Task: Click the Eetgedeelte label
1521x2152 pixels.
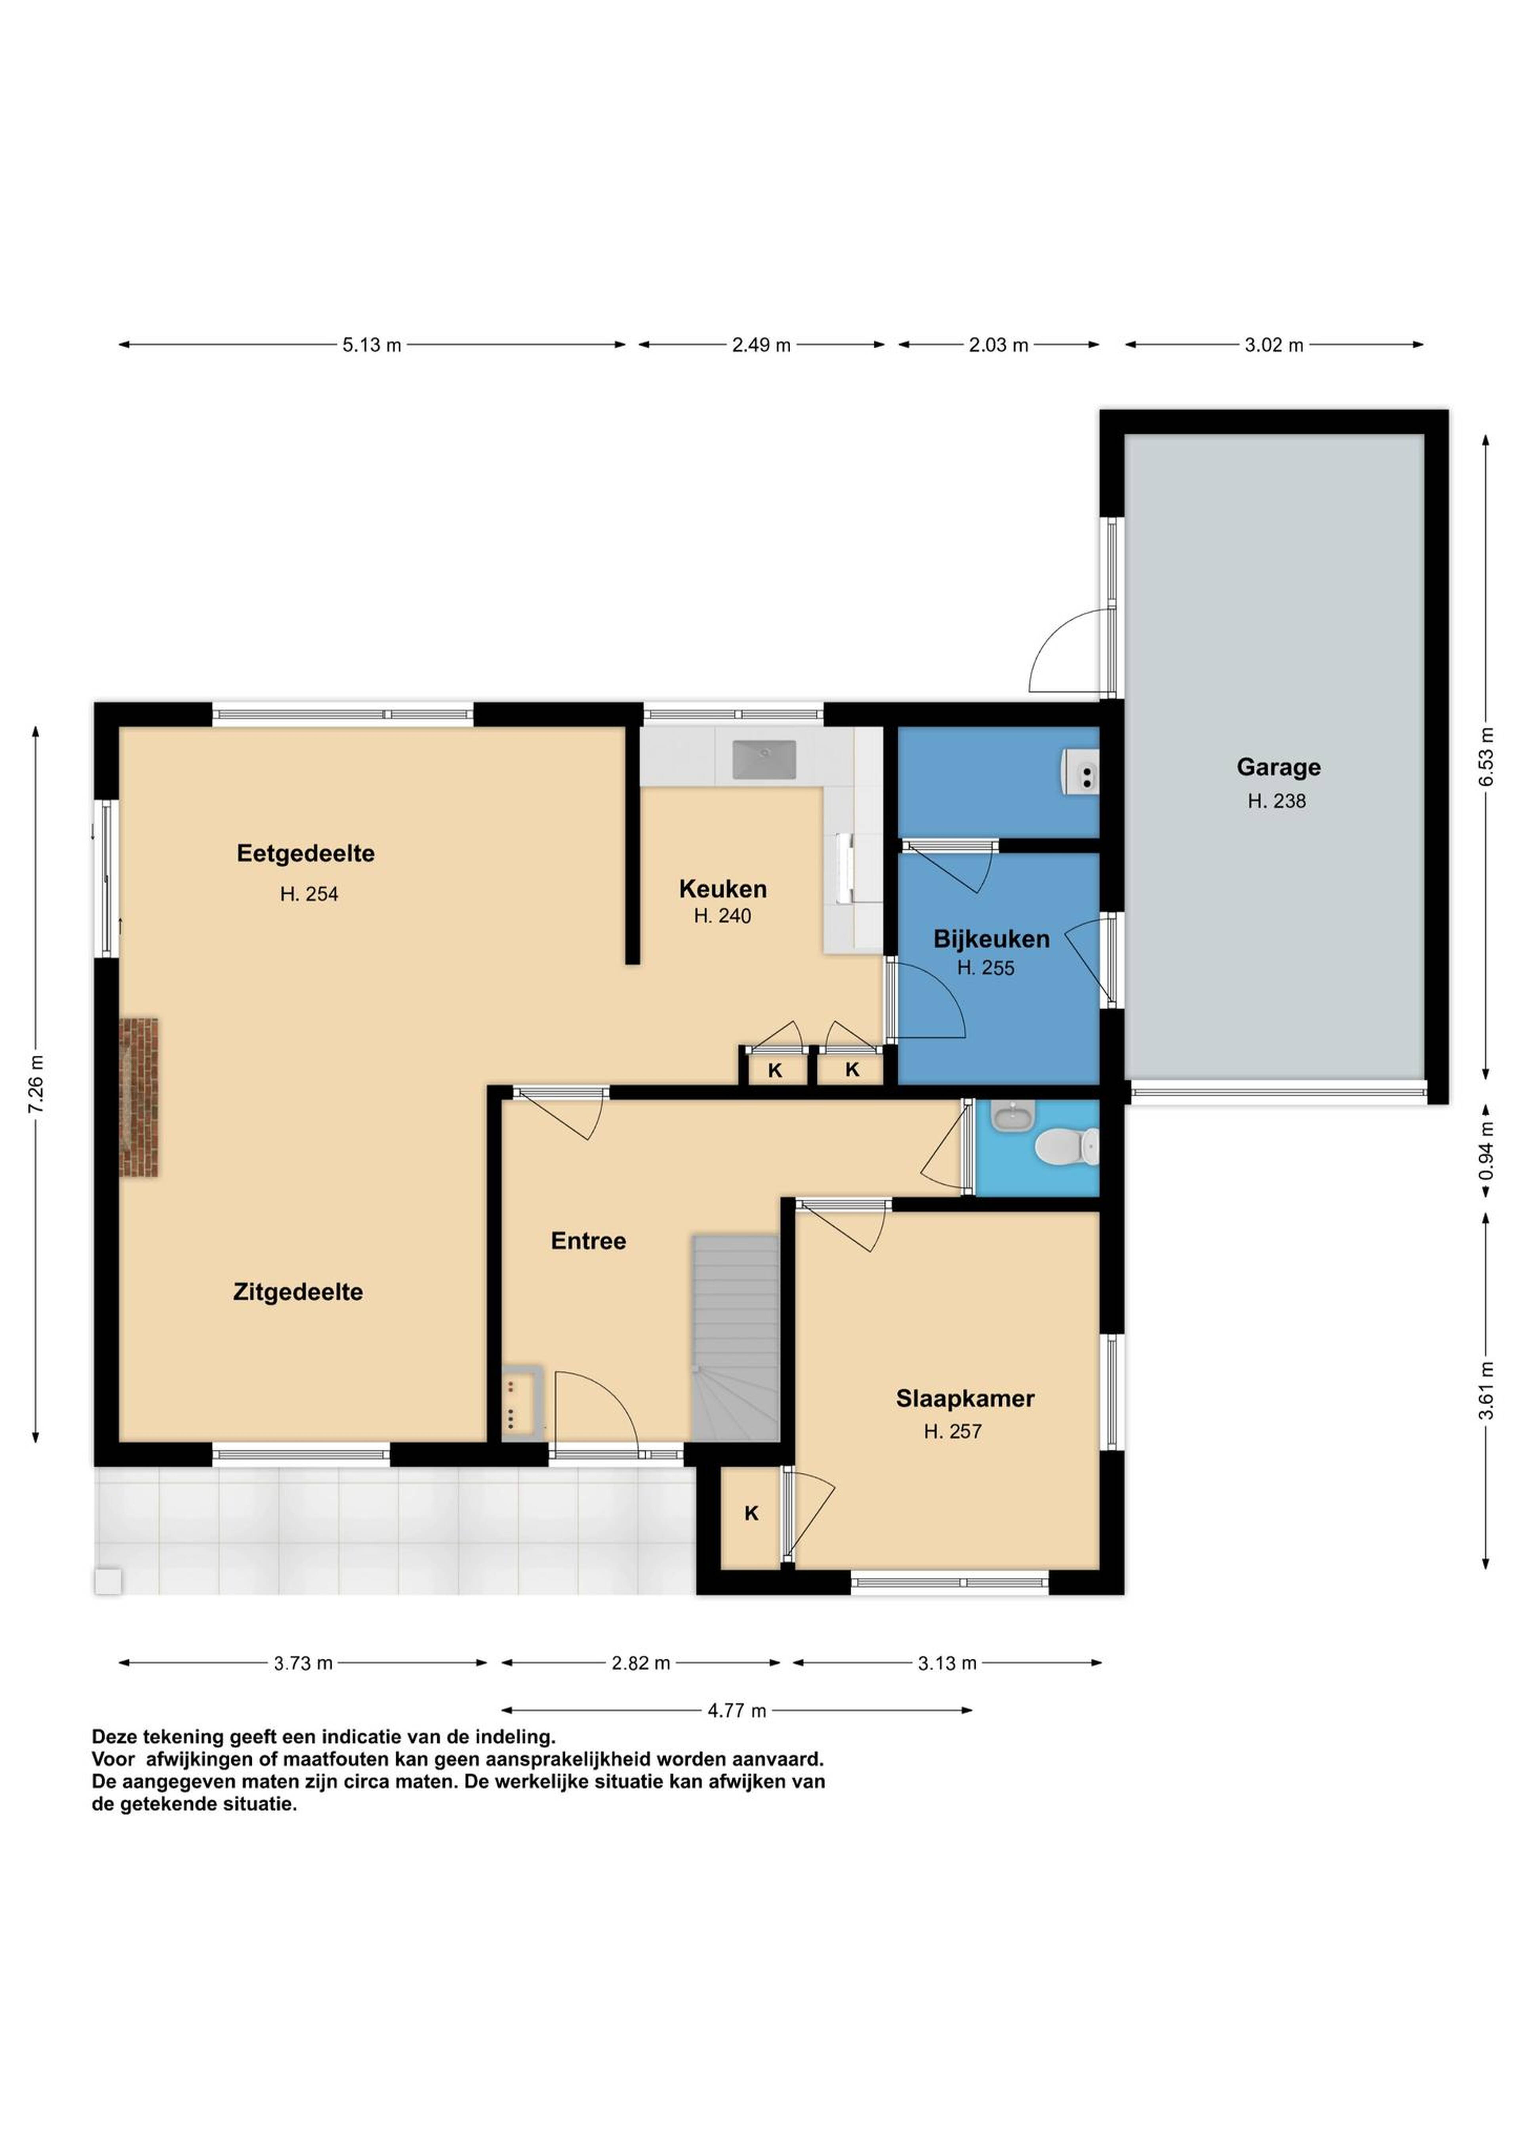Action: (x=305, y=854)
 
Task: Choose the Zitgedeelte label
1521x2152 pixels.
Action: (x=298, y=1293)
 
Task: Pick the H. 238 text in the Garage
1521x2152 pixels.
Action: (x=1276, y=801)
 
